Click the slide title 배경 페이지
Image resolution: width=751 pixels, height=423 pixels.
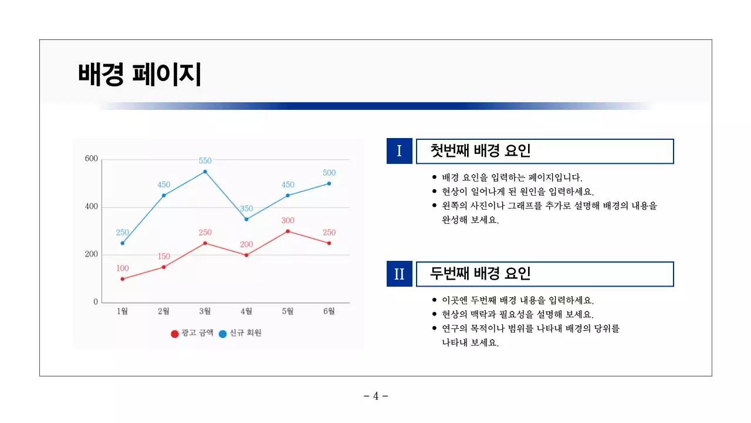140,75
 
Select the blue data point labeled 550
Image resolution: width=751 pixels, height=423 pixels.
205,172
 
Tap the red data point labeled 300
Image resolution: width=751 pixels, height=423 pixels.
287,231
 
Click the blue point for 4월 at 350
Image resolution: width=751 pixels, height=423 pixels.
246,219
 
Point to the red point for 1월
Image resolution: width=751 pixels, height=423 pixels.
123,279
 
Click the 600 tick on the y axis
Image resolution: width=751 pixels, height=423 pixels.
92,159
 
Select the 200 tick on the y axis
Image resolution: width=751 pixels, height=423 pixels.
92,255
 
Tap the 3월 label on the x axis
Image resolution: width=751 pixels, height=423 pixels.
205,311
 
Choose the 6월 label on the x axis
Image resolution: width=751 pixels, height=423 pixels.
329,311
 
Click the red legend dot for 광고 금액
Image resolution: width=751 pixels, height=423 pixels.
174,334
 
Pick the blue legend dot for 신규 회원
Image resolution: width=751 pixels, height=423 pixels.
222,334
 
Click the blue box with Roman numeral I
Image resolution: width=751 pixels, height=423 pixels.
400,151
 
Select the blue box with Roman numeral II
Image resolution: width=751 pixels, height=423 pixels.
400,274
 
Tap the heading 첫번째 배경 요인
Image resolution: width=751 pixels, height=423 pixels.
481,151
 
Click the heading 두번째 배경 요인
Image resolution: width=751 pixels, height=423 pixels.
481,274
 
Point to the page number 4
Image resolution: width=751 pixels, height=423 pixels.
376,396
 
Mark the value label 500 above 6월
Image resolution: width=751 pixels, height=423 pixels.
329,173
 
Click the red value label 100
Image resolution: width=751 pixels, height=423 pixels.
123,268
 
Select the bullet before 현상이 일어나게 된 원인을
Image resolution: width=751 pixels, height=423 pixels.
434,192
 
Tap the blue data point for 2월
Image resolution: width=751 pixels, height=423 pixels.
164,196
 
